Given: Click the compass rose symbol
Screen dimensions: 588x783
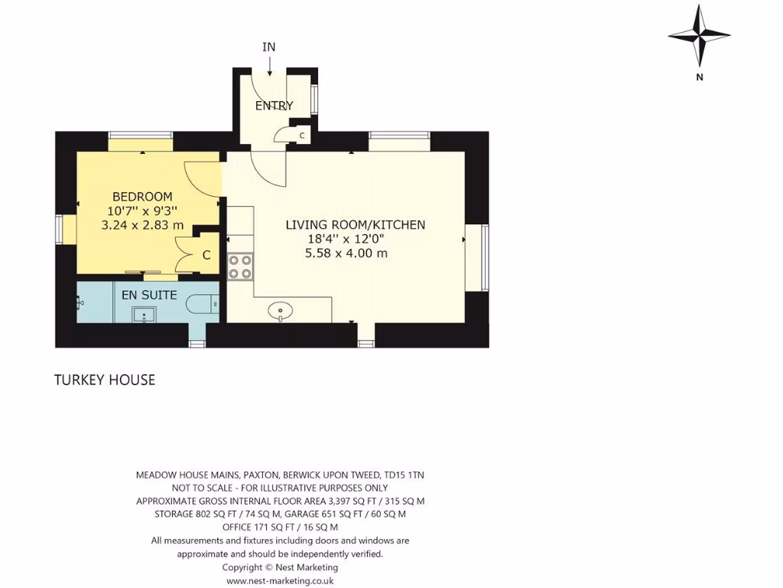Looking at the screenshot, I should (699, 35).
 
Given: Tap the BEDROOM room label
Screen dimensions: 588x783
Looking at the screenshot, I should (142, 197).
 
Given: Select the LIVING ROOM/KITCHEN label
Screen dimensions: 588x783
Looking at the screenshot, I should (355, 225).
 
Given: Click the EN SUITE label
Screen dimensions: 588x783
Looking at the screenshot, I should (150, 295).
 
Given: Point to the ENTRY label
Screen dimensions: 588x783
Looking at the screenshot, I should (274, 106).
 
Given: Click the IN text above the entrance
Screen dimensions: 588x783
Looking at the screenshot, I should (268, 47).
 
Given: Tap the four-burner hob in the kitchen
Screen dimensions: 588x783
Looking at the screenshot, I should (240, 266).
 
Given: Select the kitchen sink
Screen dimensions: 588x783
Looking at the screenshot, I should (281, 311).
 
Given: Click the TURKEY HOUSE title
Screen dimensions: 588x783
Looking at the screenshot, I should (105, 380).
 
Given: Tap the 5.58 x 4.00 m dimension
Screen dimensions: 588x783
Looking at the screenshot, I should (346, 253).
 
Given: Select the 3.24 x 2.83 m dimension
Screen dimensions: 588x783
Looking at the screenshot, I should (142, 225).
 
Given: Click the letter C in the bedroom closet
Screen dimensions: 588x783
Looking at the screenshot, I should (206, 256).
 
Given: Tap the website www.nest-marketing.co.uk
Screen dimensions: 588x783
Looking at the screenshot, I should (280, 581).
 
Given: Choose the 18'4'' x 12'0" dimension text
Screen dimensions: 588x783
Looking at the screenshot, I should (346, 239).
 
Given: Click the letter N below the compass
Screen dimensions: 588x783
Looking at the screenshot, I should (699, 77).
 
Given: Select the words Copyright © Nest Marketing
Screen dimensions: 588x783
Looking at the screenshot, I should (280, 567).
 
